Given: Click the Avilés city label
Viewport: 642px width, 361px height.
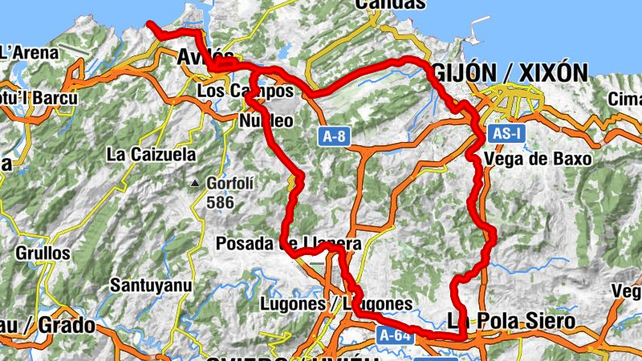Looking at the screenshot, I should [205, 57].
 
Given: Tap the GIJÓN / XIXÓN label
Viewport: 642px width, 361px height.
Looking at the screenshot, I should [510, 73].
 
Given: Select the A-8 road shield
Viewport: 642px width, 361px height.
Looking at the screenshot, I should [335, 136].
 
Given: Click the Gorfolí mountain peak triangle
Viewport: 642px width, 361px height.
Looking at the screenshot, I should [195, 184].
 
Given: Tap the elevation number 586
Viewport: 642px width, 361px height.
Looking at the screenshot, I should [220, 202].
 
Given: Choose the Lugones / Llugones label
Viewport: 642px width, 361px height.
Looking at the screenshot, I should [336, 305].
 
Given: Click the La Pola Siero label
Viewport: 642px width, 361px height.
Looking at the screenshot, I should [512, 322].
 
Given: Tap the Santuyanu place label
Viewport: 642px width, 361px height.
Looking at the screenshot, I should [150, 284].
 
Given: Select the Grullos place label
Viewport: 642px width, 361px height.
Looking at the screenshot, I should [42, 254].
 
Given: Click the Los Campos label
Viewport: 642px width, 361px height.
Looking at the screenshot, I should [245, 92].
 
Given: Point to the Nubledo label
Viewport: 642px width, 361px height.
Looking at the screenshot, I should [267, 121].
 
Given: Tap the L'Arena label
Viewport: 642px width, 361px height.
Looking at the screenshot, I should [29, 54].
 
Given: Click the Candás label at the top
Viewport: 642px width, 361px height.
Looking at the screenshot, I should [390, 4].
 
